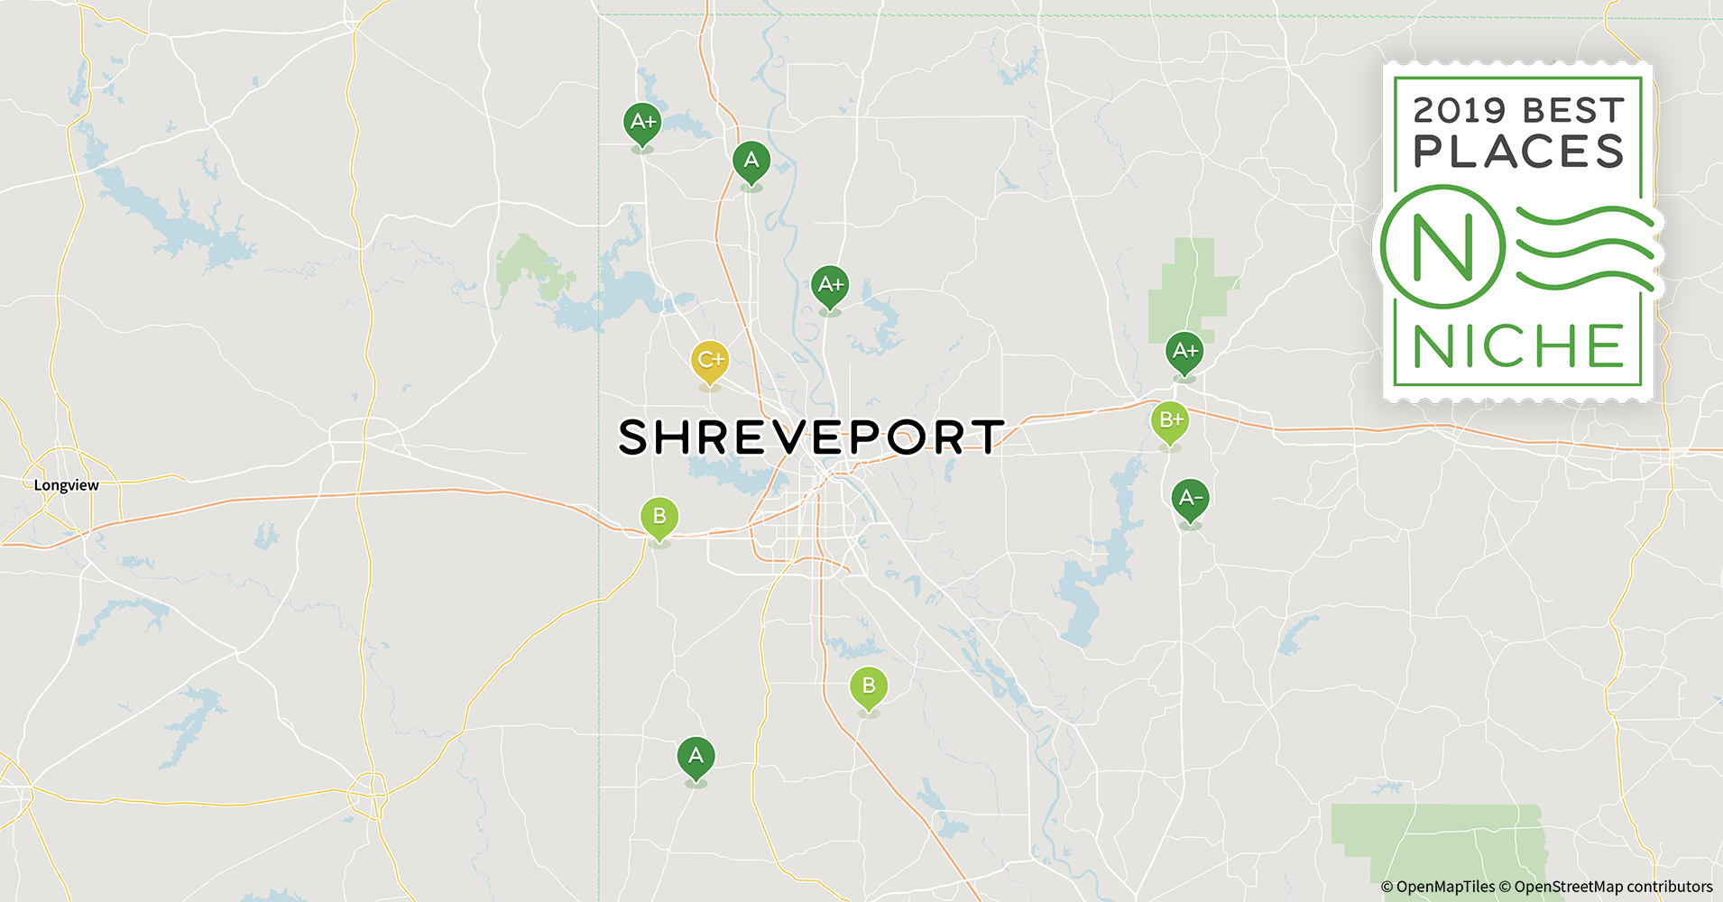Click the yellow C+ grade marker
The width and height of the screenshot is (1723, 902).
coord(710,361)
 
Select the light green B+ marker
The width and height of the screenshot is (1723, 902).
coord(1170,420)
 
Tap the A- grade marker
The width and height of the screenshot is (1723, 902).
coord(1190,498)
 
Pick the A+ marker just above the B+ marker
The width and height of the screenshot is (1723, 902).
coord(1184,351)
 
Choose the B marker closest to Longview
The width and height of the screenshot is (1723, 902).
coord(659,517)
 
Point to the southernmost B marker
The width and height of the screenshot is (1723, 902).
coord(868,686)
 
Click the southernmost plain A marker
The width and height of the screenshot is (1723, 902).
coord(696,756)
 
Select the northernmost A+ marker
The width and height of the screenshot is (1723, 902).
coord(642,122)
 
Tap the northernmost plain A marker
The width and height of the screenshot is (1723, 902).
coord(751,161)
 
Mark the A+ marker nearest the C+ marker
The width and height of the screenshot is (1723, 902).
coord(830,285)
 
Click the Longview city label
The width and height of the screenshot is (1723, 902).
coord(67,485)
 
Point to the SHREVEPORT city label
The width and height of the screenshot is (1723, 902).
coord(810,437)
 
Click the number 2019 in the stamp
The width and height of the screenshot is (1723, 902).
coord(1459,111)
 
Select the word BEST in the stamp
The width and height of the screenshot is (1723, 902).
coord(1573,111)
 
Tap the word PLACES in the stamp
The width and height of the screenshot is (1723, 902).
coord(1518,152)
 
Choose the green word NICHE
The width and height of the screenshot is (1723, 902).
coord(1518,346)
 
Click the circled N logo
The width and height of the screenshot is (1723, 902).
coord(1442,246)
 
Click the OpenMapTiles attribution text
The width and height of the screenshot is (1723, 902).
coord(1438,887)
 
